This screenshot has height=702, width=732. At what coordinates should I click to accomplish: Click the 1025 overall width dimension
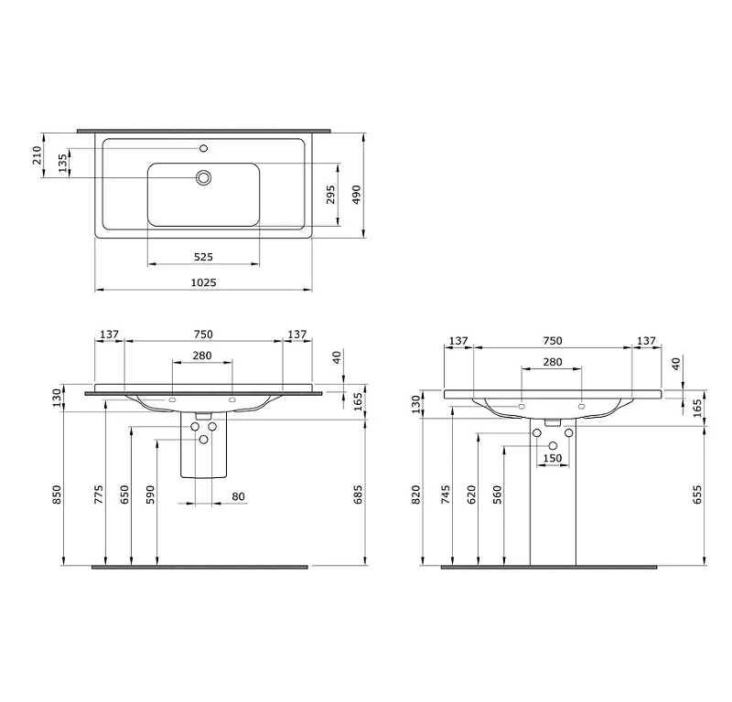(203, 282)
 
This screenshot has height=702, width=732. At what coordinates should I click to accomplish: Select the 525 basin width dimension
(203, 257)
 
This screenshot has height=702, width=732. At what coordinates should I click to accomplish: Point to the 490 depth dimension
(356, 195)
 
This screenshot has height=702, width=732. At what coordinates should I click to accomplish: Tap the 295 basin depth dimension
(330, 195)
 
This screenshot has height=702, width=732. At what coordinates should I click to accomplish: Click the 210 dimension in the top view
(37, 154)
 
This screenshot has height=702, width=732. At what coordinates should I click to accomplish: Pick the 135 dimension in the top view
(62, 164)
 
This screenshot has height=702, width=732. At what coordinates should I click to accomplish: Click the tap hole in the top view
(203, 148)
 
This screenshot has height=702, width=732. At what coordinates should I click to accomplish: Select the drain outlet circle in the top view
(203, 177)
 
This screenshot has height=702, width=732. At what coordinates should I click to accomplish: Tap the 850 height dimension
(56, 495)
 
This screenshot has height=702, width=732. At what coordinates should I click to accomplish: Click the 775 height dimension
(99, 495)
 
